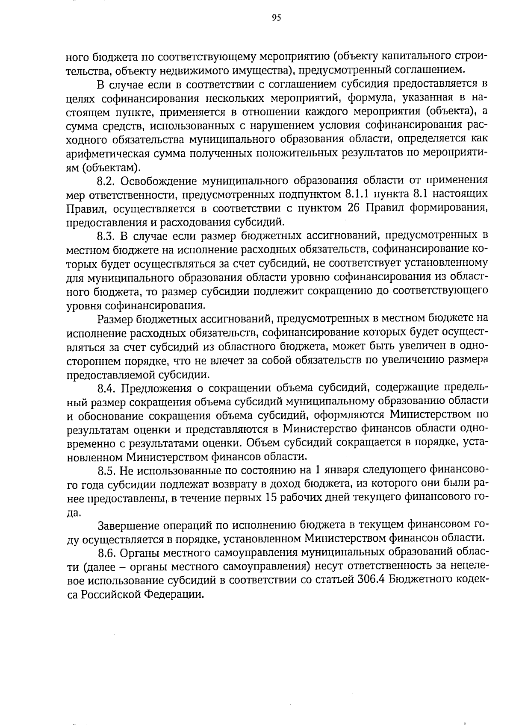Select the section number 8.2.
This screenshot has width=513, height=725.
(106, 181)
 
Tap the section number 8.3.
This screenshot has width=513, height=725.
(106, 236)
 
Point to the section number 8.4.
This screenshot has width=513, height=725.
(106, 388)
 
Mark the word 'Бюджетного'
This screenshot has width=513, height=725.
(419, 580)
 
